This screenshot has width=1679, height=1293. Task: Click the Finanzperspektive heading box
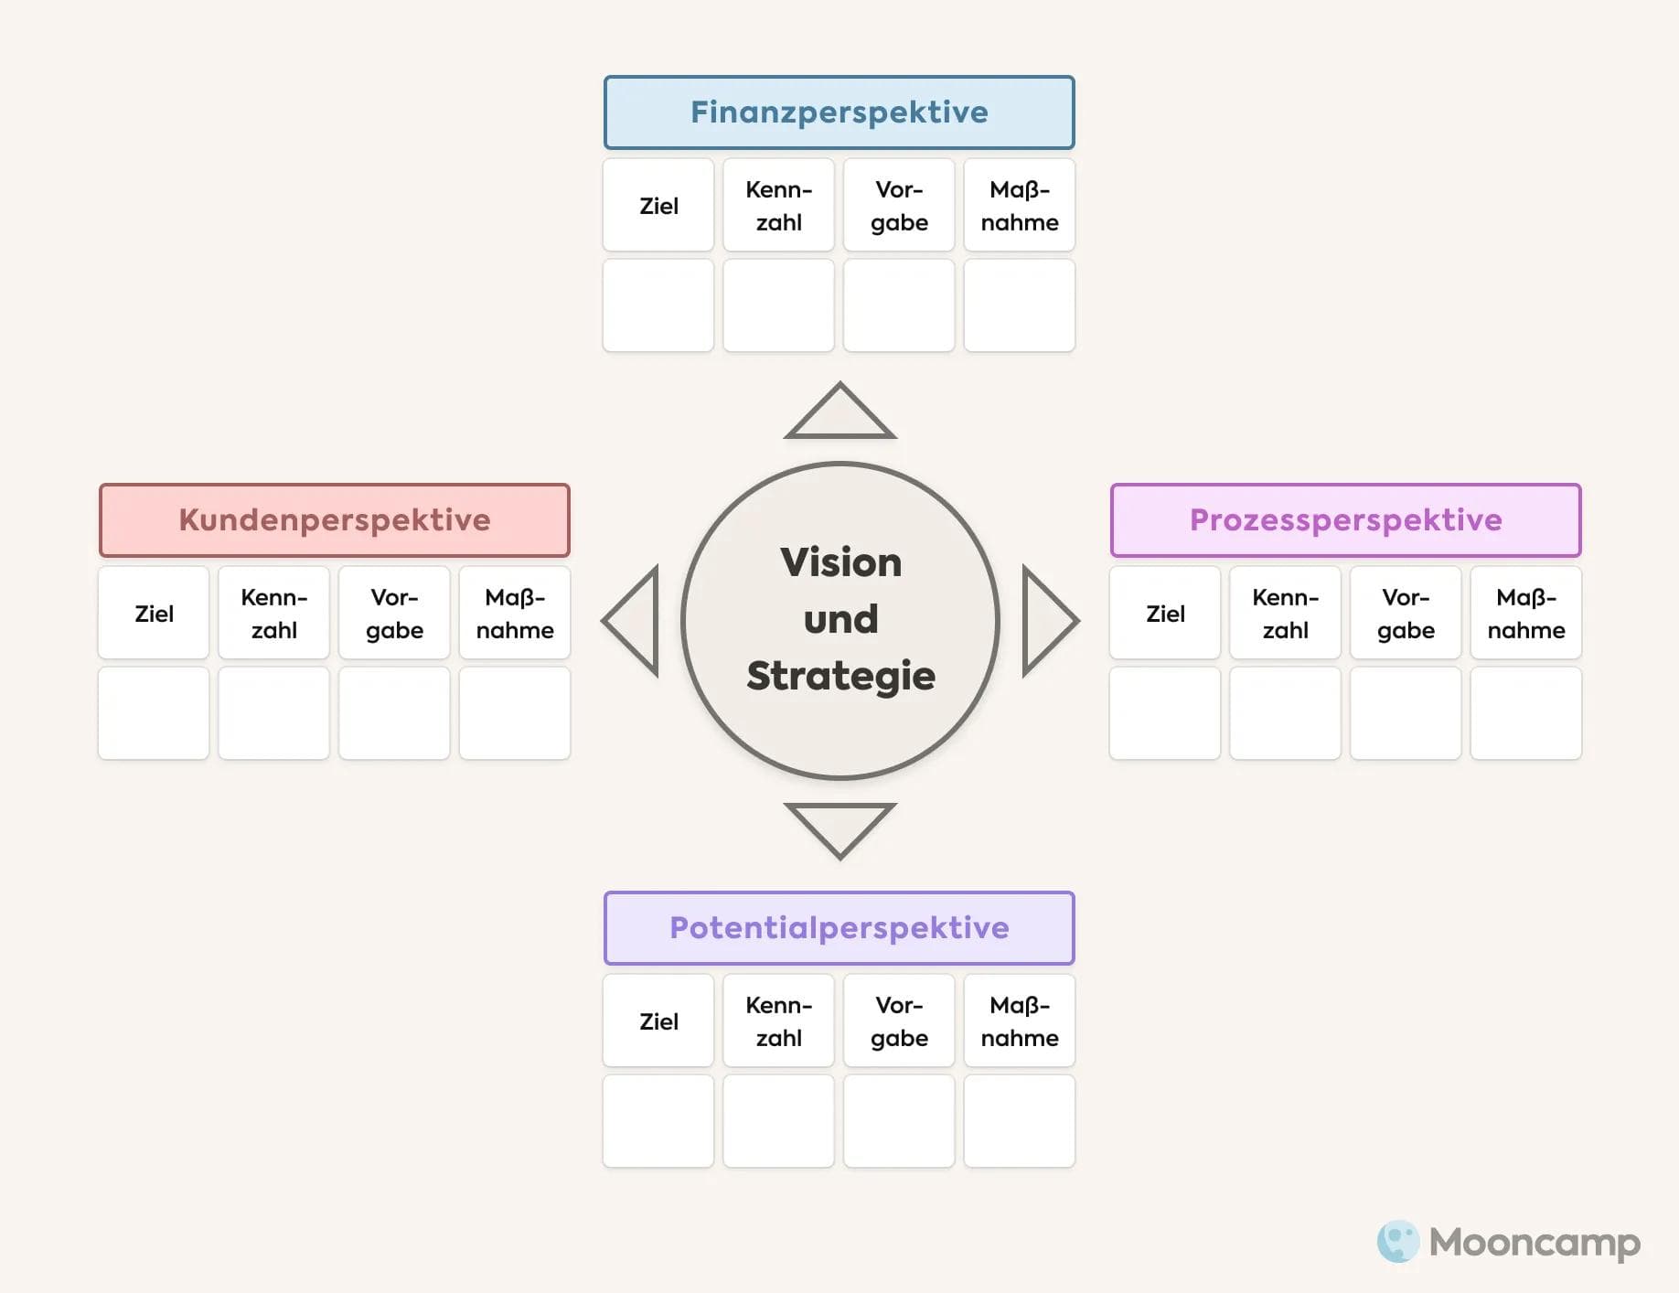[x=839, y=112]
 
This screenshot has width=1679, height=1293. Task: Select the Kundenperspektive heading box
[x=334, y=520]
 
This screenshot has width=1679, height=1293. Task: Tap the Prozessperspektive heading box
[x=1345, y=520]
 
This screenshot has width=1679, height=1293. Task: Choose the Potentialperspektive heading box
[x=839, y=928]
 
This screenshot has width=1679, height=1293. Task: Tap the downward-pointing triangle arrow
[x=839, y=827]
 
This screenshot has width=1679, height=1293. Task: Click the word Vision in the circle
[x=840, y=562]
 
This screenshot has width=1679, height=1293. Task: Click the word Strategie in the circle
[x=840, y=676]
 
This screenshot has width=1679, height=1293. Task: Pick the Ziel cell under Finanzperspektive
[x=658, y=206]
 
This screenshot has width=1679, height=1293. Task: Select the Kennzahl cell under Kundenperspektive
[x=273, y=614]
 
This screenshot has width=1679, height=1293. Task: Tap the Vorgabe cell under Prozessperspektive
[x=1406, y=614]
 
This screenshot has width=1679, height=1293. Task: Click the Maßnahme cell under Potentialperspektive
[x=1019, y=1021]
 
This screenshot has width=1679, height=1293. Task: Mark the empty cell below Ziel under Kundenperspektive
[x=154, y=713]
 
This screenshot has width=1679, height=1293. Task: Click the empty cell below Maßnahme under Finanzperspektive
[x=1019, y=305]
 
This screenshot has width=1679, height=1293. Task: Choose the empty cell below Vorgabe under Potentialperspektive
[x=899, y=1121]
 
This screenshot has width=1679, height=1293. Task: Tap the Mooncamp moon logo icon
[x=1397, y=1241]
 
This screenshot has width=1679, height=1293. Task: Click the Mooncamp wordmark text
[x=1535, y=1243]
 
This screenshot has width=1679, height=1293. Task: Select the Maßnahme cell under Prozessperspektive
[x=1525, y=614]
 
